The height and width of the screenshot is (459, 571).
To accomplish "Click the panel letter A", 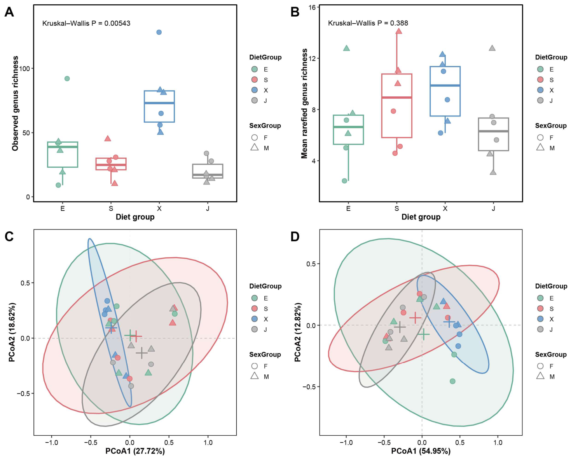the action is point(9,12).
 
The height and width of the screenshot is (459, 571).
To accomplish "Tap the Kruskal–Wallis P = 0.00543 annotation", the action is point(86,23).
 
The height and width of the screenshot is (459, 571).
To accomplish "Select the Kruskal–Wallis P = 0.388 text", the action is point(368,23).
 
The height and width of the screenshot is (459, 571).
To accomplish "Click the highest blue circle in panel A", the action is point(159,32).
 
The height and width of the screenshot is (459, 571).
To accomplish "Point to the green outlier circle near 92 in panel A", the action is point(67,78).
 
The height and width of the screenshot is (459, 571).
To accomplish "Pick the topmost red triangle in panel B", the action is point(398,31).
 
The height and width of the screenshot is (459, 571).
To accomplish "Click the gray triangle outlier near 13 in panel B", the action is point(492,48).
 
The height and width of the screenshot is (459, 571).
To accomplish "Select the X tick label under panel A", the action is point(159,209).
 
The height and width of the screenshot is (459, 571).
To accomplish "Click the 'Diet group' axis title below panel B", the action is point(421,217).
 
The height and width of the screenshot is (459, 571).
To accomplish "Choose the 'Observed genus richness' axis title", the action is point(16,103).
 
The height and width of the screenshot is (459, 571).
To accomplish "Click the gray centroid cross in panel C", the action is point(142,353).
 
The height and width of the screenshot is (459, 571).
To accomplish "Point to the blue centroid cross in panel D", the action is point(449,322).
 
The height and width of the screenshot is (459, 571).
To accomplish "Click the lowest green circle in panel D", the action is point(453,381).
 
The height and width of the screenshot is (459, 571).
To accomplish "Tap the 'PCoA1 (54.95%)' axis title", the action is point(421,451).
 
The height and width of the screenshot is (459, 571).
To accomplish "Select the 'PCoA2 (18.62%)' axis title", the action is point(12,332).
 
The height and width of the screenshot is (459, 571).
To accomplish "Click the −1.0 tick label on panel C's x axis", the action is point(51,442).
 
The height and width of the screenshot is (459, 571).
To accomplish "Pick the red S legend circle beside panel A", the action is point(255,80).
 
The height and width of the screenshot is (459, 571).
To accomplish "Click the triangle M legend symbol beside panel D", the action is point(540,377).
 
